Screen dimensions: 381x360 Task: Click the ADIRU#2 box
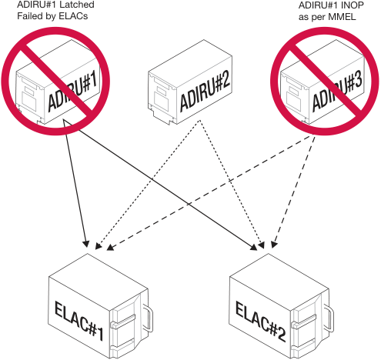[x=190, y=82]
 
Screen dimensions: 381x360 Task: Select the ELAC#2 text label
[x=260, y=322]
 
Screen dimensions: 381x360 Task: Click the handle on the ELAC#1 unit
[x=148, y=318]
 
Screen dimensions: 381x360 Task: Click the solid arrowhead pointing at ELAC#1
[x=85, y=243]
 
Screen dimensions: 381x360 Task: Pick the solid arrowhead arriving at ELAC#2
[x=254, y=247]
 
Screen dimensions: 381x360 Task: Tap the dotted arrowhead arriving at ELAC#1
[x=98, y=246]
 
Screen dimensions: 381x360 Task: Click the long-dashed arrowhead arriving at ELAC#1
[x=110, y=247]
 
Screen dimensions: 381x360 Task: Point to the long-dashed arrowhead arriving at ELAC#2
[x=274, y=245]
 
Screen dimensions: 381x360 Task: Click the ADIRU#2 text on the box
[x=205, y=92]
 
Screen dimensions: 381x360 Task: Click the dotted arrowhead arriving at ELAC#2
[x=261, y=245]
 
